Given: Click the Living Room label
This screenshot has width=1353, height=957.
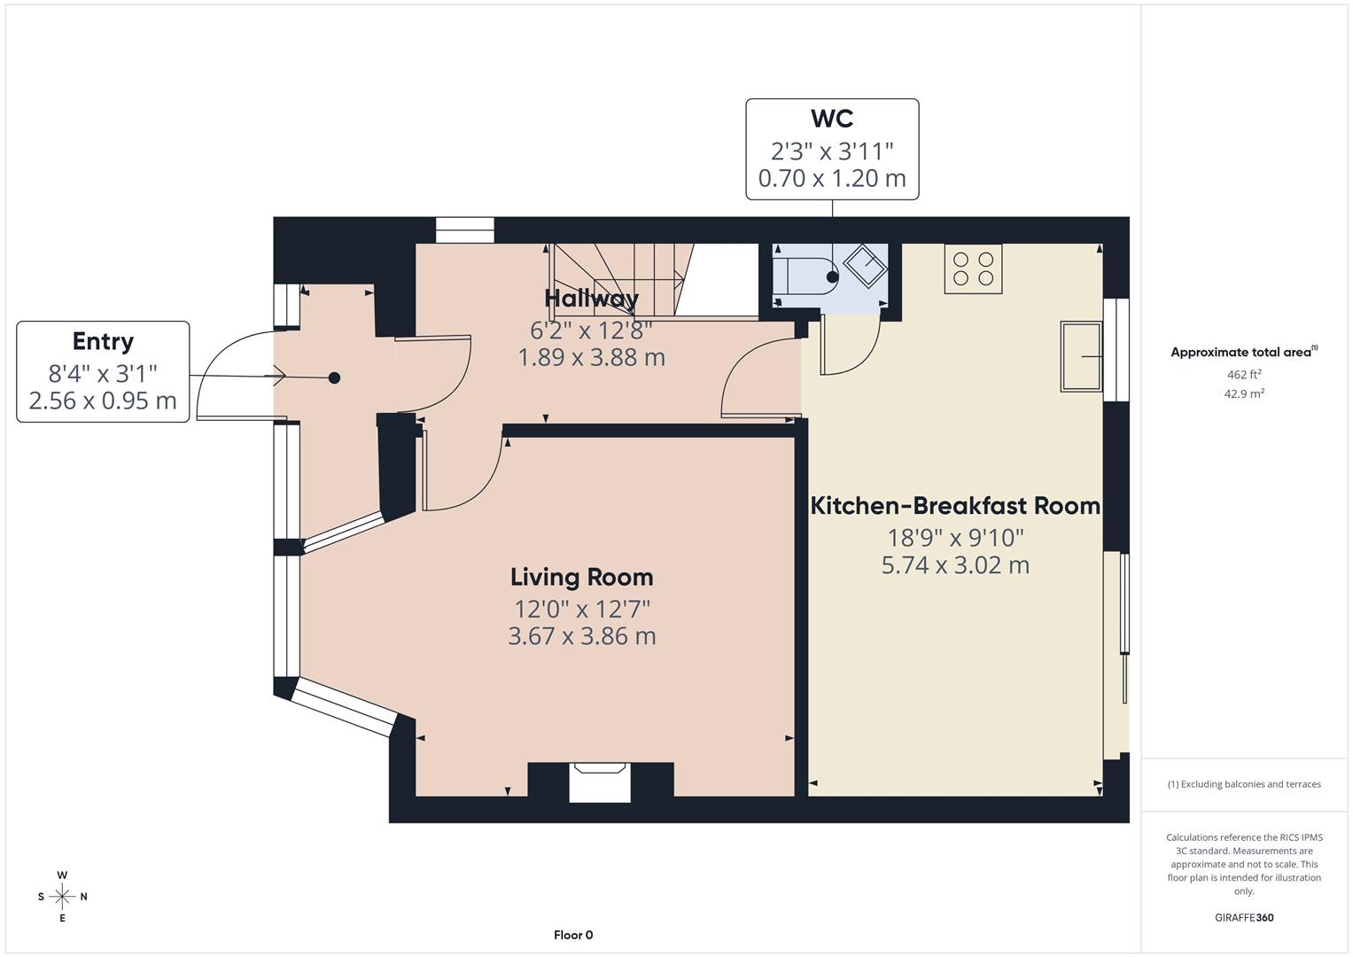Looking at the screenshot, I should pos(581,577).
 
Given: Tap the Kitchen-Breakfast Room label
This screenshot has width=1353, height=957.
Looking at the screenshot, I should pos(955,506).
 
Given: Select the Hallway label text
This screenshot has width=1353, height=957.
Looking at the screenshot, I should pos(591,298).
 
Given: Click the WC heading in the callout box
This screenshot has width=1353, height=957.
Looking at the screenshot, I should pos(831,119).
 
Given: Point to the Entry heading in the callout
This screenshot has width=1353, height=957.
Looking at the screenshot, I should pos(103,341).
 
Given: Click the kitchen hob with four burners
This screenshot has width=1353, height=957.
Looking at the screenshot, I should pos(973,268).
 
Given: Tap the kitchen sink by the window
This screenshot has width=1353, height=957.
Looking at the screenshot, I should pos(1081,357).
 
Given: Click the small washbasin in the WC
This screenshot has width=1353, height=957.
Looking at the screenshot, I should pos(865,265).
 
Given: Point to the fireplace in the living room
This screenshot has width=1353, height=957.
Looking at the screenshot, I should pos(600,782).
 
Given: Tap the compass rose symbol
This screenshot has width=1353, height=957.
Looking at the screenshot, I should pos(62,897).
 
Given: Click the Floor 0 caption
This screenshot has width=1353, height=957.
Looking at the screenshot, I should pos(573,935).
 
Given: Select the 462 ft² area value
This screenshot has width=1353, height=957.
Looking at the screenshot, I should pos(1244,375).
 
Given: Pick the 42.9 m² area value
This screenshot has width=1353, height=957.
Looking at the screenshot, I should pos(1244,394).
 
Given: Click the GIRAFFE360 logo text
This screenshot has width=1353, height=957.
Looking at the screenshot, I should pos(1244,917).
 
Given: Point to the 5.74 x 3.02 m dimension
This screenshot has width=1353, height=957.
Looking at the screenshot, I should pos(955,565).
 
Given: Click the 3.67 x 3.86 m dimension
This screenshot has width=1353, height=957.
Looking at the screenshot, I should pos(581,636).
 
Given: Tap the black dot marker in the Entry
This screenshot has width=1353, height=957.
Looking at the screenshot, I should pos(334,378).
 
